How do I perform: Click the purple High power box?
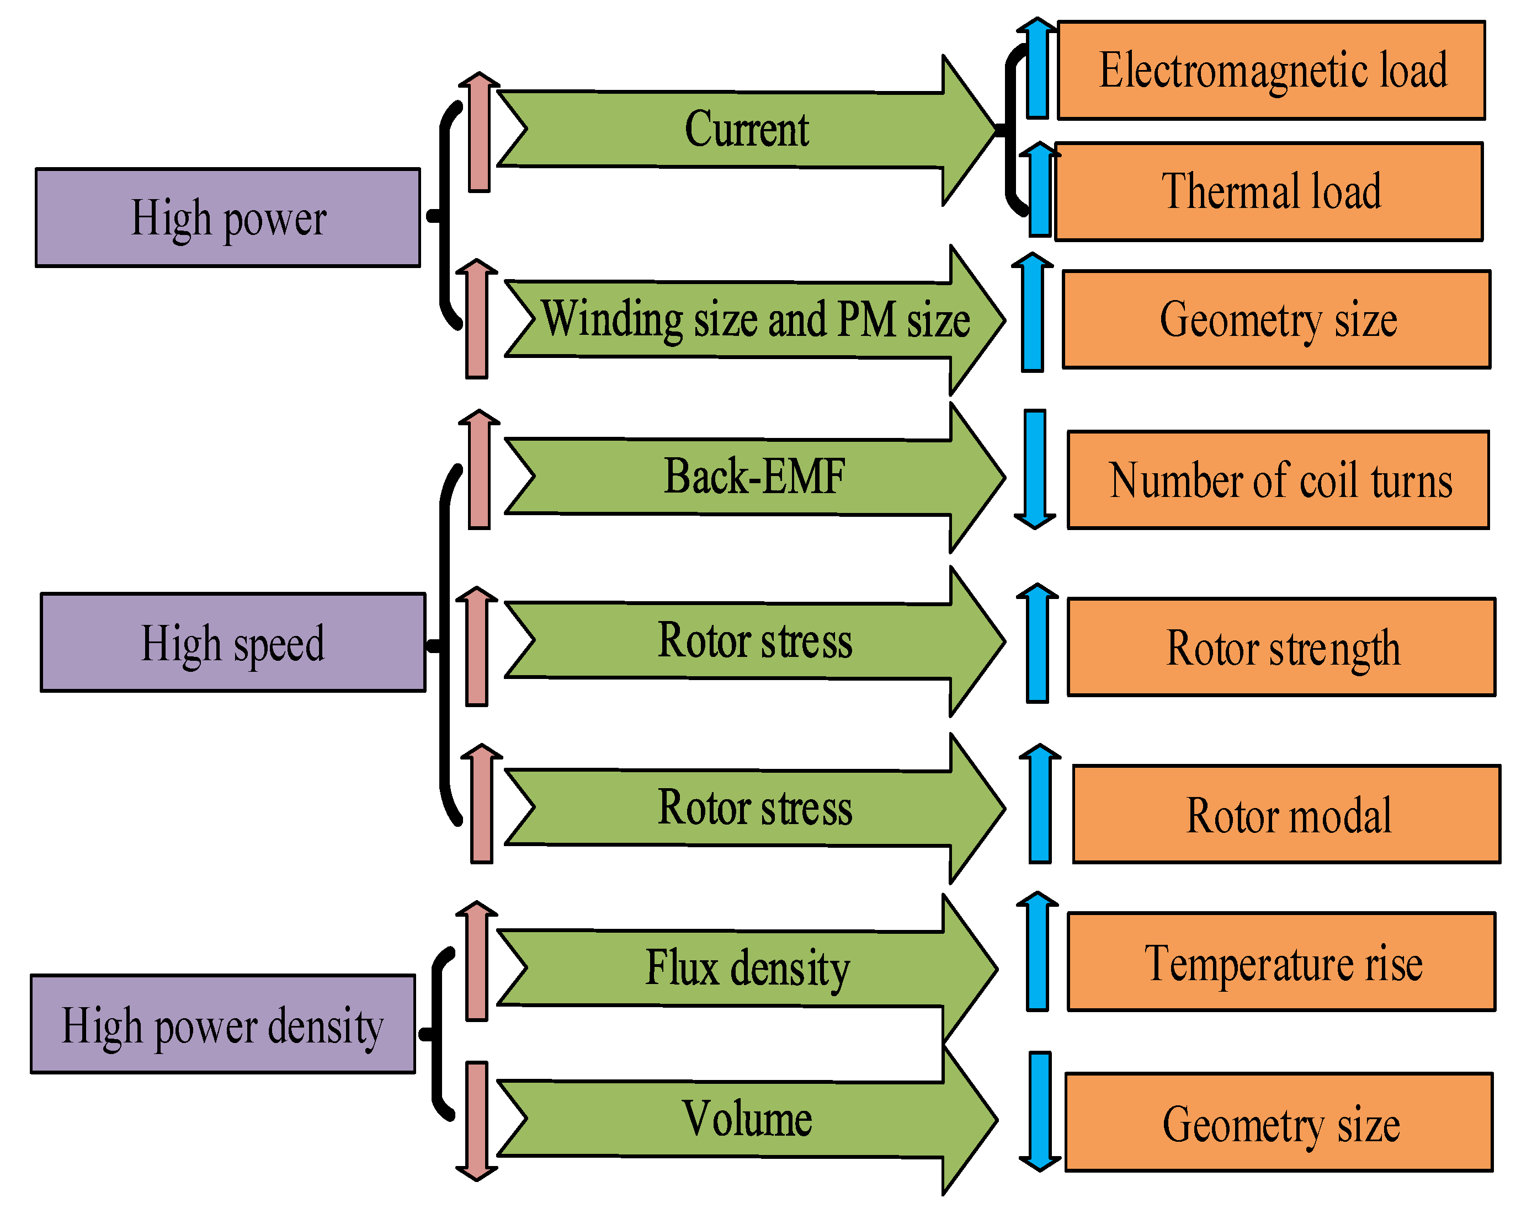tap(228, 217)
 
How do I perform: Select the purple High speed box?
tap(233, 643)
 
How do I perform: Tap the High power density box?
tap(223, 1024)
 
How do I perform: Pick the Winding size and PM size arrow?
tap(754, 320)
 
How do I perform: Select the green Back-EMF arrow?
tap(754, 477)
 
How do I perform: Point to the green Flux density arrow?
tap(747, 968)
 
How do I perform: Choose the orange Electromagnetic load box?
tap(1272, 70)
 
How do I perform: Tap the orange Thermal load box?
tap(1269, 191)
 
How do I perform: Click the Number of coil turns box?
tap(1278, 480)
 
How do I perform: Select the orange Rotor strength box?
tap(1281, 648)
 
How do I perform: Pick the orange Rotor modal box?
tap(1286, 814)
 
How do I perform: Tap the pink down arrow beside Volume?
tap(477, 1121)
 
